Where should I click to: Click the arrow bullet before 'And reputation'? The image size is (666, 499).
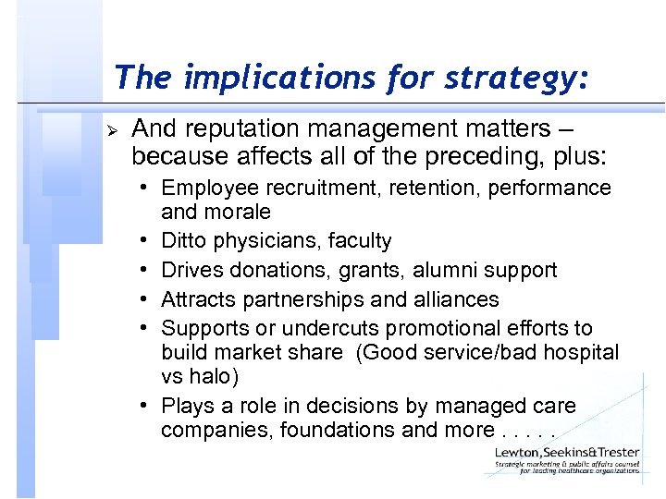coord(116,127)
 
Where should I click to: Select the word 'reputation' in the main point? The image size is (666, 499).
coord(245,128)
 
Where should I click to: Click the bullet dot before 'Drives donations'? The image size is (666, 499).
coord(148,271)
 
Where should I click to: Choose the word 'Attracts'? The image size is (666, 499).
coord(197,299)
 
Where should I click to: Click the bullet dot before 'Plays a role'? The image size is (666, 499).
coord(148,406)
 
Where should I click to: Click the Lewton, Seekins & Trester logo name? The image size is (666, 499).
coord(566,452)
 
